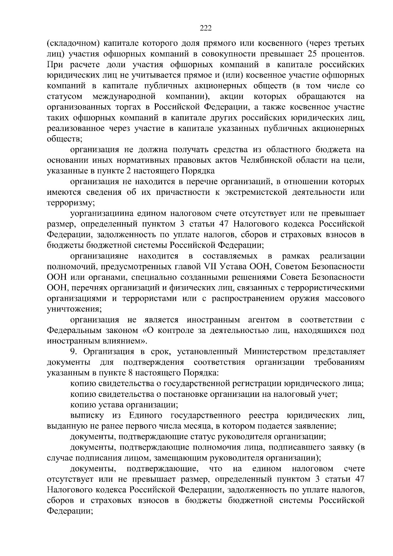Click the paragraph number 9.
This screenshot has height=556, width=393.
point(73,352)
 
